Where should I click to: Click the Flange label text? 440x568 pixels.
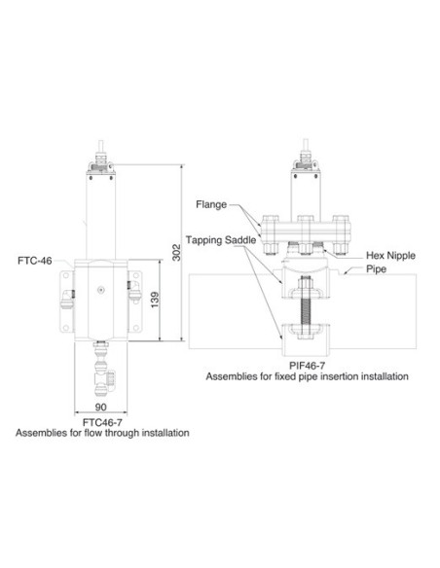[210, 205]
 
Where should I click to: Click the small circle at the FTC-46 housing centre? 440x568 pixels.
[100, 289]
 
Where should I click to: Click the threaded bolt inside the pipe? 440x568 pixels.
[306, 302]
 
